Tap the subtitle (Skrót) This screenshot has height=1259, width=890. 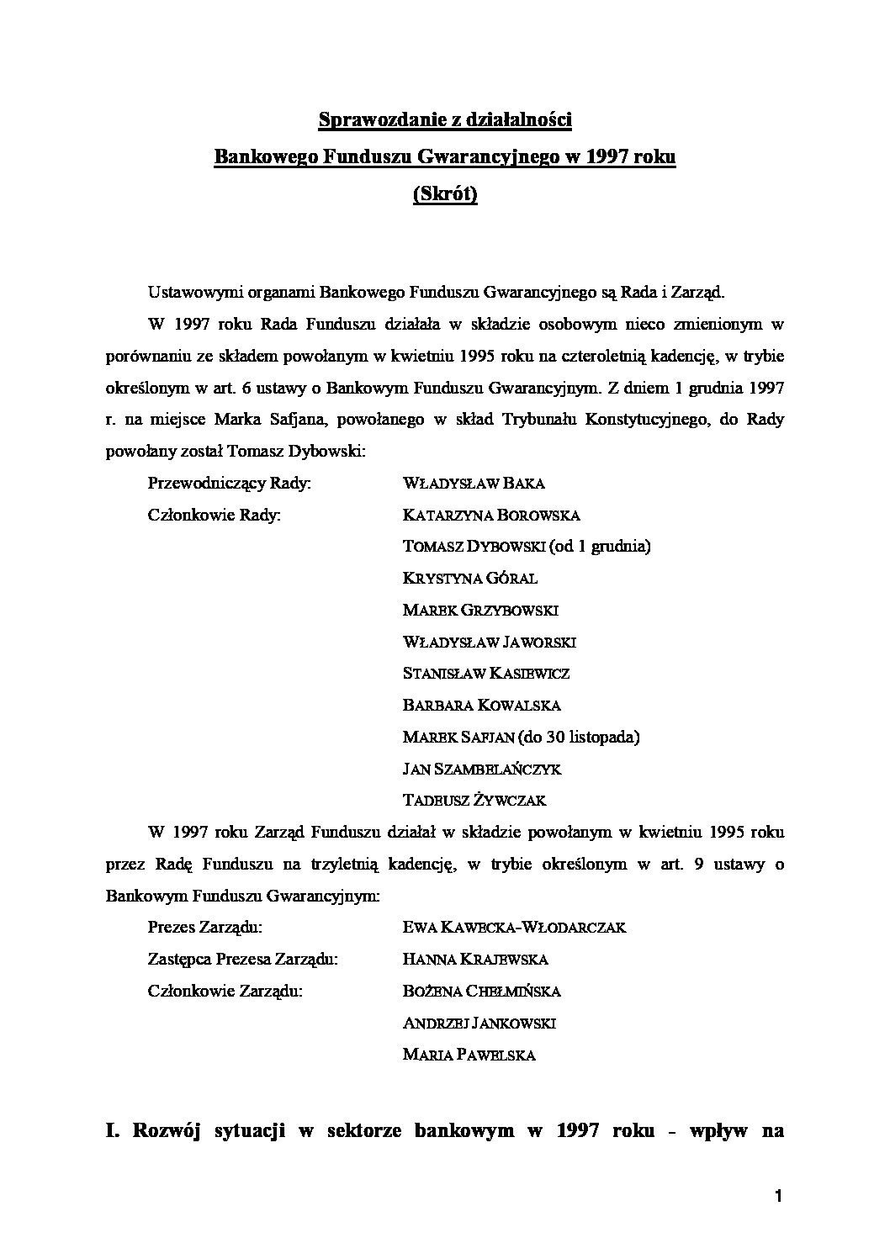pos(445,194)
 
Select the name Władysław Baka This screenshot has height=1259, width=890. pos(474,484)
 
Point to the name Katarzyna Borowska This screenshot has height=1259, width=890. pos(491,516)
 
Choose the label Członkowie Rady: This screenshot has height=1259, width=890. pos(214,516)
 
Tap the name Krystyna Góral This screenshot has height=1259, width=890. pos(470,579)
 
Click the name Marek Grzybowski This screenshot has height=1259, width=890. pos(480,611)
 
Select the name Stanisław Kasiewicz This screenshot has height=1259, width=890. pos(486,674)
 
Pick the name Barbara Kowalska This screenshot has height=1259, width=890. pos(481,706)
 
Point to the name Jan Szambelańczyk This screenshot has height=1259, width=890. pos(482,770)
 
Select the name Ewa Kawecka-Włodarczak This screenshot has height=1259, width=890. pos(515,928)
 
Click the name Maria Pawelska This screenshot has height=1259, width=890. pos(469,1055)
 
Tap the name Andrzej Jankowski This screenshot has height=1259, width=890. pos(479,1024)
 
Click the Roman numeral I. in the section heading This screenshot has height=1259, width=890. pos(114,1130)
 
